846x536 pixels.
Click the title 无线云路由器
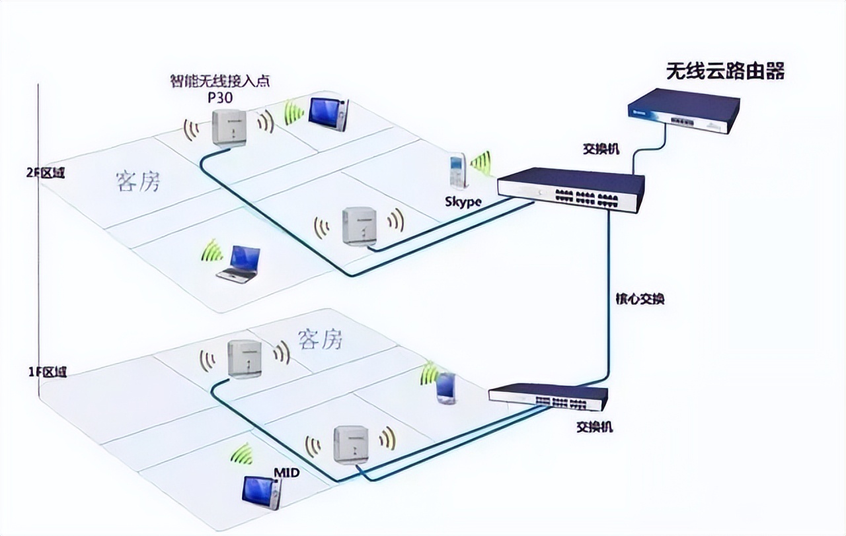tap(725, 71)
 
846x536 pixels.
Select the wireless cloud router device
tap(683, 113)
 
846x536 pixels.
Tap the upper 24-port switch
tap(571, 189)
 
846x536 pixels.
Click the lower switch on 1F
tap(548, 397)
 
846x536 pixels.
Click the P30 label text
tap(221, 97)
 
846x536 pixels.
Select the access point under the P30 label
tap(229, 127)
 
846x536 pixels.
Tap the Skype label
tap(463, 202)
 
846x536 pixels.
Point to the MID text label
tap(286, 473)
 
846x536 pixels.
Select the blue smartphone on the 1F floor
tap(446, 387)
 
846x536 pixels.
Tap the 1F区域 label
tap(47, 372)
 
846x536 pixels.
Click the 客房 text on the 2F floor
tap(138, 182)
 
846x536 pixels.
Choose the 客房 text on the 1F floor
tap(321, 339)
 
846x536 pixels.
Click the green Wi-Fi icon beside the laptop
tap(213, 251)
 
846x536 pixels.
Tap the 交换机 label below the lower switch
tap(594, 427)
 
